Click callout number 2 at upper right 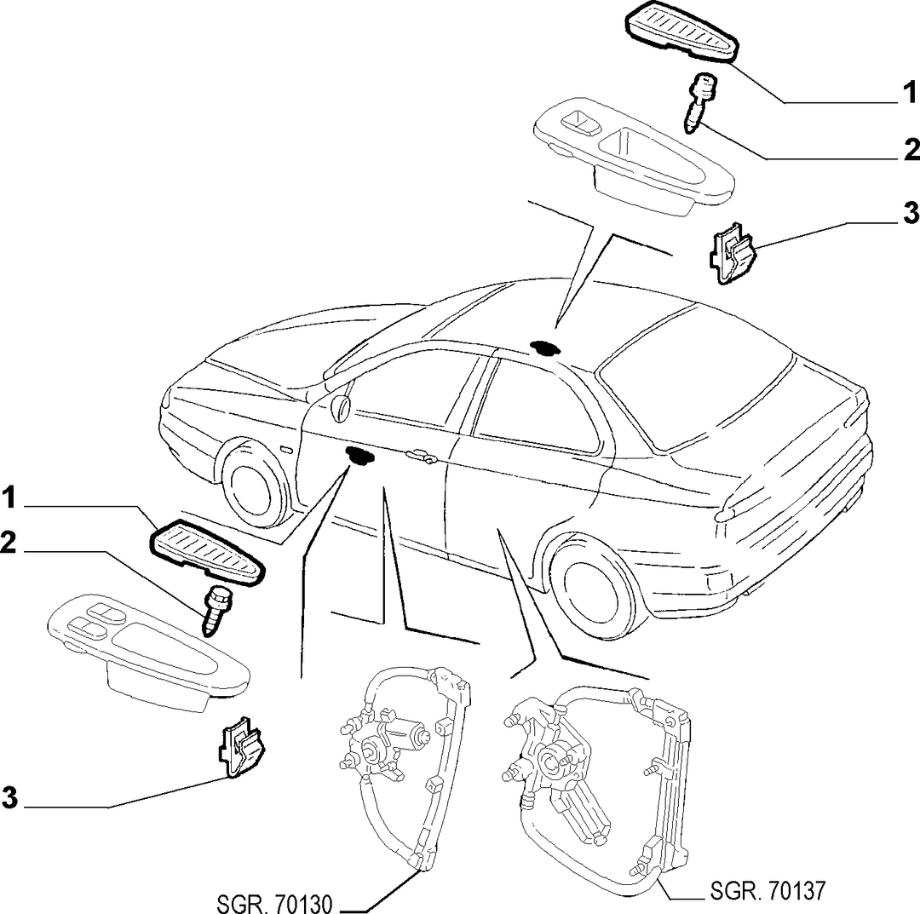pos(911,150)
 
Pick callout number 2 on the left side pos(9,543)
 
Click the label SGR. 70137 pos(768,890)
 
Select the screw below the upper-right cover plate pos(700,101)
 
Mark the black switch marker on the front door pos(359,455)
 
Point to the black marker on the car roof pos(543,348)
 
